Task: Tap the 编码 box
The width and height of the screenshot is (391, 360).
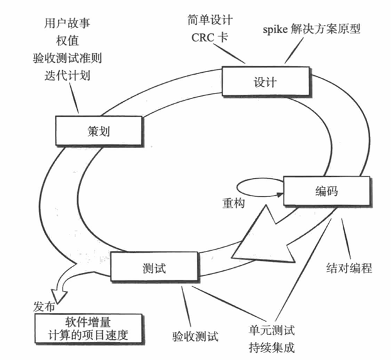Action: (x=324, y=191)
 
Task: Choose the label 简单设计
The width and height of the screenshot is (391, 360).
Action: (x=210, y=19)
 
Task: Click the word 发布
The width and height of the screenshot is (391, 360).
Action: (x=43, y=308)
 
